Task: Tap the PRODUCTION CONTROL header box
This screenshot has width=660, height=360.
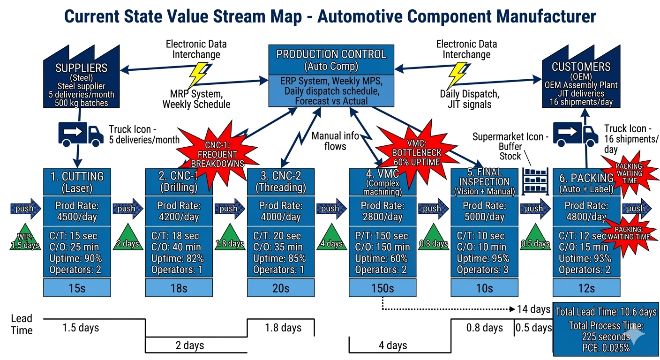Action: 331,60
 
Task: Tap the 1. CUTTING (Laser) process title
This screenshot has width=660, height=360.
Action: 77,182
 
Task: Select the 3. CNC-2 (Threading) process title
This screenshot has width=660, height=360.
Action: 281,182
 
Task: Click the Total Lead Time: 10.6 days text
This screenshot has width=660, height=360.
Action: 606,312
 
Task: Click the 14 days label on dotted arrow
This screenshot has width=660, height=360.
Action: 533,309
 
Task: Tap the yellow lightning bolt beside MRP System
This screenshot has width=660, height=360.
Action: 198,75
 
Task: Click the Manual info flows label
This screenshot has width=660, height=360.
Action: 335,141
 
